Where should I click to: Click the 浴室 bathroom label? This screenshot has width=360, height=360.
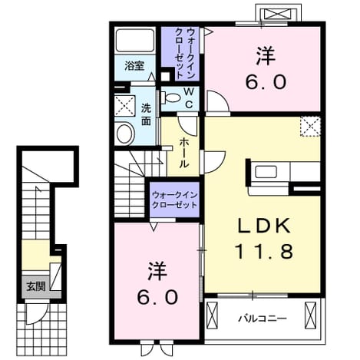pos(134,66)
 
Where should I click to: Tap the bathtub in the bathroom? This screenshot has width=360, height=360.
pos(135,41)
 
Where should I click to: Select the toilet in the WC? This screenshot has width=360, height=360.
pos(170,97)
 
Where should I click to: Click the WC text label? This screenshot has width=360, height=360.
pos(189,97)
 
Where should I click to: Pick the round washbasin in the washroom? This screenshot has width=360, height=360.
pos(126,134)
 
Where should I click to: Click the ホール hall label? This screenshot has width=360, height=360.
pos(183,153)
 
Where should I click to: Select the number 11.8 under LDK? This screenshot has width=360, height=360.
pos(263,251)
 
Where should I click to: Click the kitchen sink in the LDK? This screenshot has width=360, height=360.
pos(266,171)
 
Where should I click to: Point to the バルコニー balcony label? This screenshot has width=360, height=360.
pos(263,319)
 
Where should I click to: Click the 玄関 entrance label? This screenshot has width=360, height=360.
pos(36,286)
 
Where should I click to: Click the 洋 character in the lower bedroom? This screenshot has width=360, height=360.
pos(158,271)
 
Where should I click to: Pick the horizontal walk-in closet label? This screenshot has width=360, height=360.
pos(174,200)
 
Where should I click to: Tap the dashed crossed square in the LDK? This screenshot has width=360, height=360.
pos(310,126)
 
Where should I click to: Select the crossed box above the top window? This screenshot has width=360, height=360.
pos(279,14)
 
